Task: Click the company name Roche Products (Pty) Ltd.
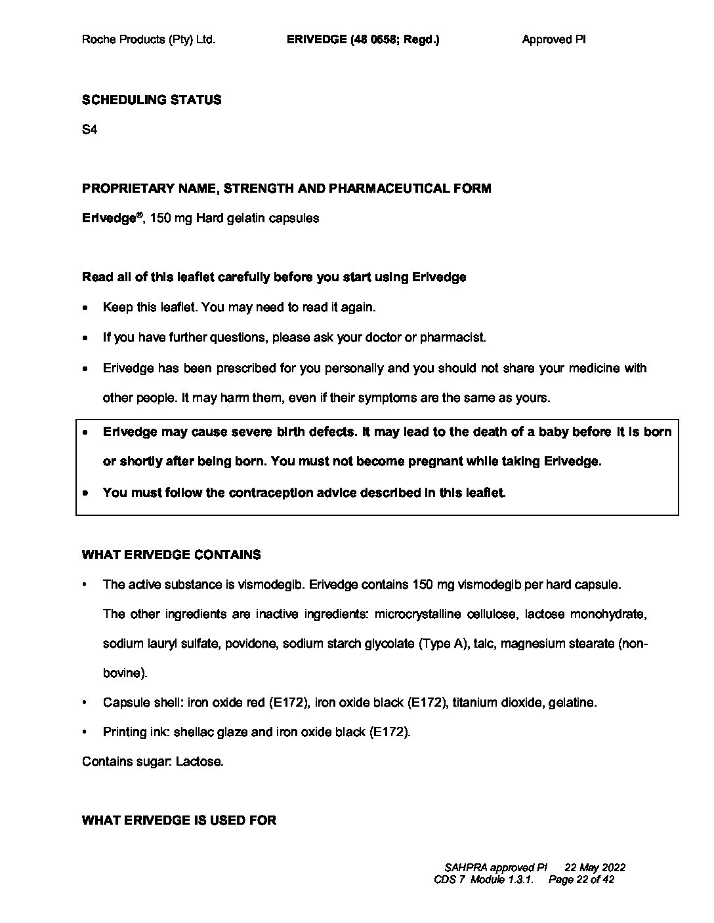[x=148, y=39]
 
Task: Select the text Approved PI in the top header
[x=554, y=39]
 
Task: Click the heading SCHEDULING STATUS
[x=152, y=100]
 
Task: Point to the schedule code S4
[x=89, y=130]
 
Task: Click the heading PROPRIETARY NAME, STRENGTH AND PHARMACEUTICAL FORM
[x=286, y=189]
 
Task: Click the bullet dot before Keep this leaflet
[x=85, y=308]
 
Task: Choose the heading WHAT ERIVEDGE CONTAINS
[x=171, y=555]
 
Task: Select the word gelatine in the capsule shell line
[x=573, y=703]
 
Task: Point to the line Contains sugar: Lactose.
[x=153, y=762]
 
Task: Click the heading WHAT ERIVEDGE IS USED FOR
[x=179, y=820]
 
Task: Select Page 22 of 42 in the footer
[x=581, y=880]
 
